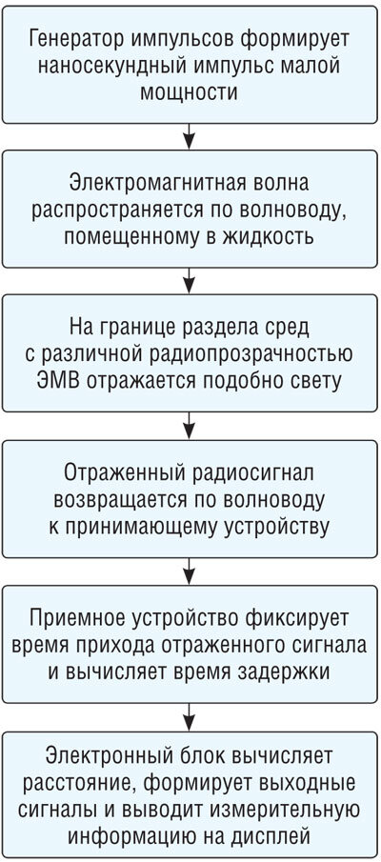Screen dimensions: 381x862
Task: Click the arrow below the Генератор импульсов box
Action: tap(190, 136)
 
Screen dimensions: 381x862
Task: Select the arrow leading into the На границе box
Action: tap(190, 282)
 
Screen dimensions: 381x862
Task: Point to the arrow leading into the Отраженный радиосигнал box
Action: tap(190, 426)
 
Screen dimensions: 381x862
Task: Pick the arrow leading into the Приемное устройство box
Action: tap(190, 571)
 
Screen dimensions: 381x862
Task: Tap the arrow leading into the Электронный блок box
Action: tap(190, 716)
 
